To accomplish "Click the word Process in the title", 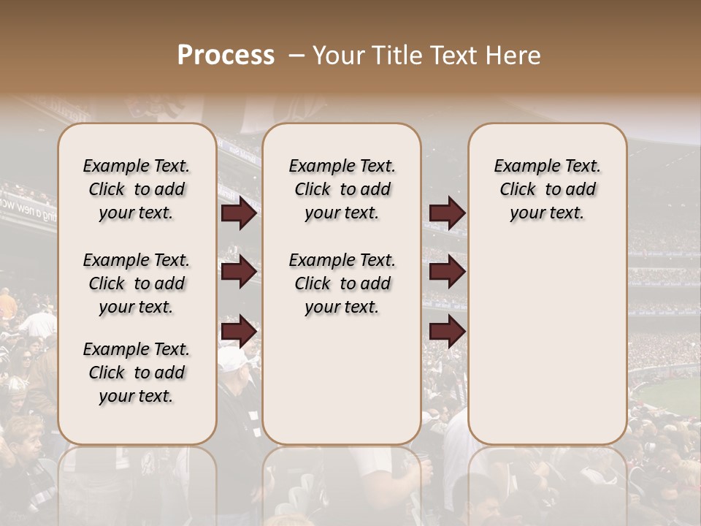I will (226, 56).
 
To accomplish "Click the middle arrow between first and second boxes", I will (239, 272).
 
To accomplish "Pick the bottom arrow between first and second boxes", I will (239, 331).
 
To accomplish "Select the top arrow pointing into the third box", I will (447, 213).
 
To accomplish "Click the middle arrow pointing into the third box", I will (447, 272).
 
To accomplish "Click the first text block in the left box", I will (137, 189).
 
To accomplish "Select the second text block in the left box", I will (137, 283).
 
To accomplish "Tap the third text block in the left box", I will (137, 373).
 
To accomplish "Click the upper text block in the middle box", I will (342, 189).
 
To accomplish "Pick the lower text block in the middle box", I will (342, 283).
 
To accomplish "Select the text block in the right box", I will (548, 189).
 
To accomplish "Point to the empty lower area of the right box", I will (548, 343).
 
